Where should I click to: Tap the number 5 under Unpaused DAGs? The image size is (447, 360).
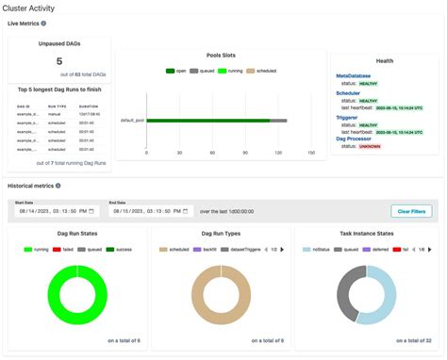tap(59, 61)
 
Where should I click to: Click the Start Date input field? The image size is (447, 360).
tap(53, 212)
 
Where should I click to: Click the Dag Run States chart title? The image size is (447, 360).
tap(76, 232)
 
